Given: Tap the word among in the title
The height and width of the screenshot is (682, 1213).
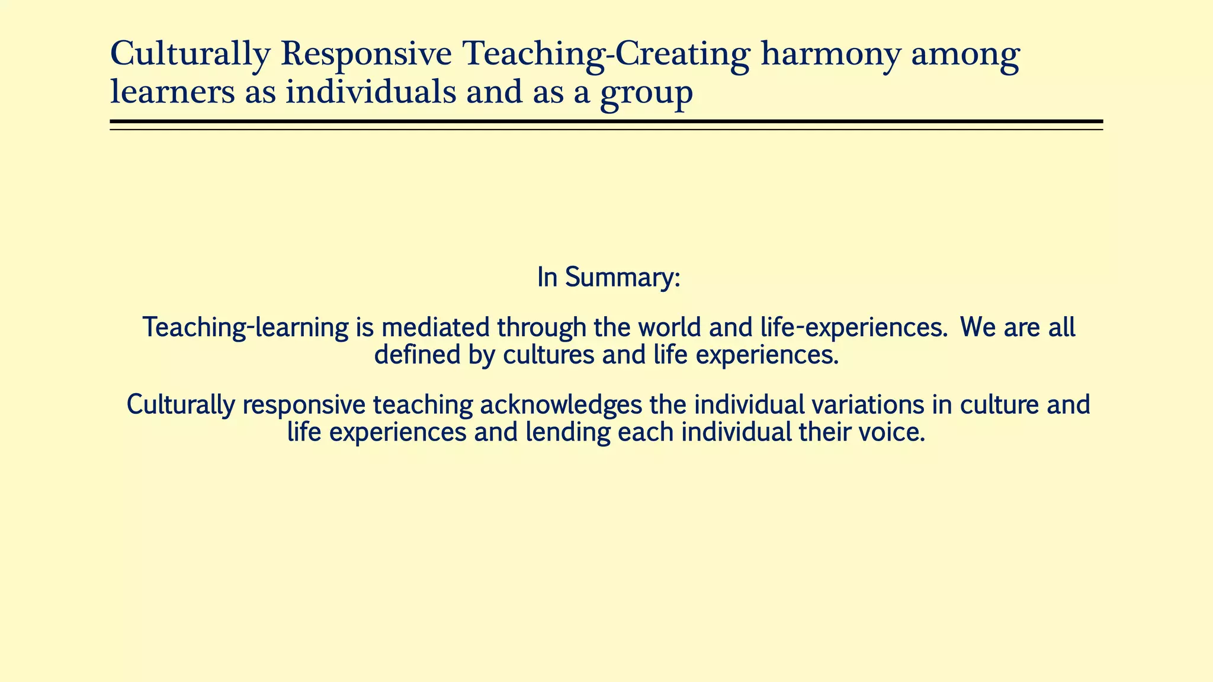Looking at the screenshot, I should [x=965, y=55].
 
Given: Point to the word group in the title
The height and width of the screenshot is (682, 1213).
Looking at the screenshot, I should [x=646, y=95].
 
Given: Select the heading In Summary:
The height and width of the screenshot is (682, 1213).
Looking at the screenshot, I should [x=608, y=278].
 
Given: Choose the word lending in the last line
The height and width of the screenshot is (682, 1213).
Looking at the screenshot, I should [x=567, y=433].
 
